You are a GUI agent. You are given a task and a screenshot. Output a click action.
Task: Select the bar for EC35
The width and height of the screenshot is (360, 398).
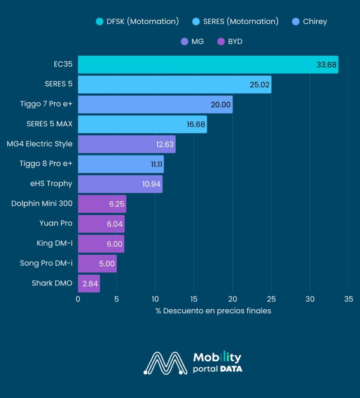pos(208,65)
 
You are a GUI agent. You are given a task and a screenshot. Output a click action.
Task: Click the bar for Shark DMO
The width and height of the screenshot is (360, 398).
pos(89,283)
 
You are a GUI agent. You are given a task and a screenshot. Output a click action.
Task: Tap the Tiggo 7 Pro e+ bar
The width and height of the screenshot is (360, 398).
pos(155,105)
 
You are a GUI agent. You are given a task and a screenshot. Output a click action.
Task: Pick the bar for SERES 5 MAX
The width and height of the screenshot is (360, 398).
pos(142,124)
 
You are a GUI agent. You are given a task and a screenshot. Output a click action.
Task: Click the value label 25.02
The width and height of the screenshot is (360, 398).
pos(260,85)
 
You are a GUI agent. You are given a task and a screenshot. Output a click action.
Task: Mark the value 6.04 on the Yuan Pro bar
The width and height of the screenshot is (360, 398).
pos(115,224)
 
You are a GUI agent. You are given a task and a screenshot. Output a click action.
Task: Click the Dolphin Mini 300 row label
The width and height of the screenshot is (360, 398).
pos(42,204)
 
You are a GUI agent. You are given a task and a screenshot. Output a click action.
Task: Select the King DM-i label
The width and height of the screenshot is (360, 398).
pos(54,243)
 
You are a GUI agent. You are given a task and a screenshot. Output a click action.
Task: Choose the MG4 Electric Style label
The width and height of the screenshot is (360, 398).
pos(40,144)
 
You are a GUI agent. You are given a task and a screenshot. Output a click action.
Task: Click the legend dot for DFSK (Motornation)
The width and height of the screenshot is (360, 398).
pos(100,22)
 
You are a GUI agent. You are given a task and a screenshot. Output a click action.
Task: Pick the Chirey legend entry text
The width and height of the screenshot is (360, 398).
pos(315,22)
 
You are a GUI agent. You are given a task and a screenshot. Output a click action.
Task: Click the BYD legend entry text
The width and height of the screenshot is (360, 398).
pos(235,41)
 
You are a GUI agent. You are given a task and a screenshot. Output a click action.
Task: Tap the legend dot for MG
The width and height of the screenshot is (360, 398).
pos(185,41)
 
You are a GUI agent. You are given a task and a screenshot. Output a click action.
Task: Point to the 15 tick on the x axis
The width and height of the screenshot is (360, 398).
pos(194,299)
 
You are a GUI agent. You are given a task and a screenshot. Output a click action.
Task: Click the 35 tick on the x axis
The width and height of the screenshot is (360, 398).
pos(348,299)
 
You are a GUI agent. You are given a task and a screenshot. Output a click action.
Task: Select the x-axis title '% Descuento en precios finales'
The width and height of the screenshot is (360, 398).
pos(213,311)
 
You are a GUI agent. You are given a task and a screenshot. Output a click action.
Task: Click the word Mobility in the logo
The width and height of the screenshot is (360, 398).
pos(217,357)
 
